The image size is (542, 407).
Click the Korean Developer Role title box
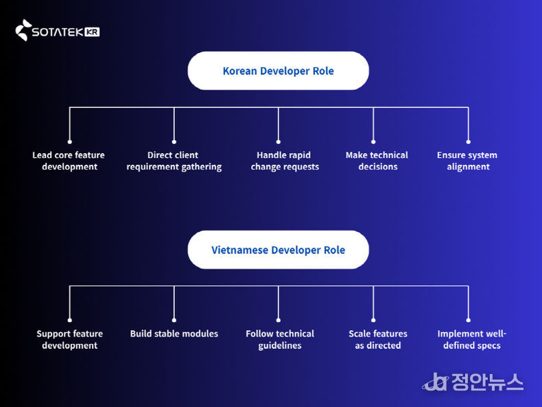278,71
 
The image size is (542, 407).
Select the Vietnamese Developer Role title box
278,250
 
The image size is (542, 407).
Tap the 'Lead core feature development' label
69,161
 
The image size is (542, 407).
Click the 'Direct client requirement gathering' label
174,161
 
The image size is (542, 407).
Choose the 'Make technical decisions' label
377,161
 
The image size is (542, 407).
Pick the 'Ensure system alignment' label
467,161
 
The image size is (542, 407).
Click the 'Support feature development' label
69,340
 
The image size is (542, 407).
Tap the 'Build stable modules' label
174,334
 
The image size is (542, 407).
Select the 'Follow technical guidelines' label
280,340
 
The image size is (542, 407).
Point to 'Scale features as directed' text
378,340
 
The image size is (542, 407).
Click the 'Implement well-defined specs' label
472,340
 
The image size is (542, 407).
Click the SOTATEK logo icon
23,30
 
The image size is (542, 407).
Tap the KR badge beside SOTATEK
93,32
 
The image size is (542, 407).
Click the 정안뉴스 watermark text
487,382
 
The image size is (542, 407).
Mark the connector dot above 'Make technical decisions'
373,141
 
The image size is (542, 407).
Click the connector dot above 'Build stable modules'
174,320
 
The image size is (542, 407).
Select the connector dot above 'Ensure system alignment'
469,141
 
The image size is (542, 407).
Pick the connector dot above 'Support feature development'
70,320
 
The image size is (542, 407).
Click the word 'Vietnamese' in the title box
239,250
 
